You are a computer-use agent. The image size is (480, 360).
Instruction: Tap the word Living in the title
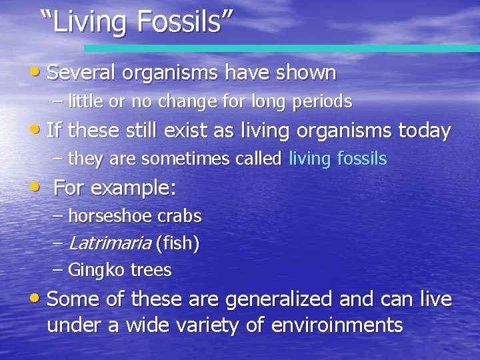tap(91, 21)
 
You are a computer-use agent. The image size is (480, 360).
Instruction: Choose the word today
tap(425, 131)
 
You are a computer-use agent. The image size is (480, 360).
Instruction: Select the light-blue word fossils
tap(362, 159)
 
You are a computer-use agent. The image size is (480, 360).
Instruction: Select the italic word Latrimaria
tap(109, 244)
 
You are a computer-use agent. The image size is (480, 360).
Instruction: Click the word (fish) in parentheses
tap(177, 244)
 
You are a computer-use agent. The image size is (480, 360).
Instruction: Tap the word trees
tap(151, 271)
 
